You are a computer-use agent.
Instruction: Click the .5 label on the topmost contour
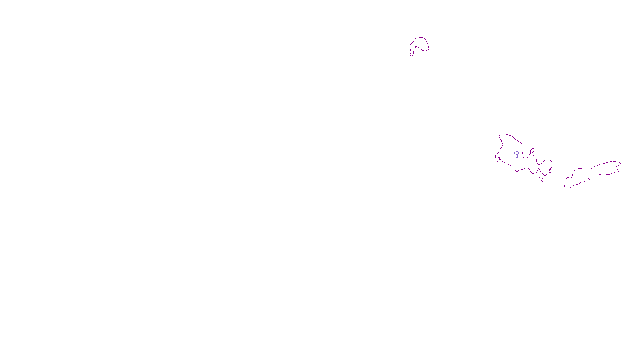coord(416,48)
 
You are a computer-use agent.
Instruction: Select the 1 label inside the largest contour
coord(517,156)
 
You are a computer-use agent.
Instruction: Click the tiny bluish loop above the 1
coord(517,152)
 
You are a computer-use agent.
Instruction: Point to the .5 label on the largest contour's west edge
coord(499,159)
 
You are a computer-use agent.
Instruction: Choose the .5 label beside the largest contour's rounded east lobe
coord(550,171)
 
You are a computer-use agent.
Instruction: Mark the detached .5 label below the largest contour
coord(541,180)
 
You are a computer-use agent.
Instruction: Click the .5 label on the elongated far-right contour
coord(588,179)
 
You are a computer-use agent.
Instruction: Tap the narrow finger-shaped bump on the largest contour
coord(532,151)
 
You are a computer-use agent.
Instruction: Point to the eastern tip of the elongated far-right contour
coord(620,163)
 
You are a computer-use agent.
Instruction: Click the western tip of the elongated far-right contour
coord(565,187)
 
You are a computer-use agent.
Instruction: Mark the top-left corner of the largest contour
coord(500,135)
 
